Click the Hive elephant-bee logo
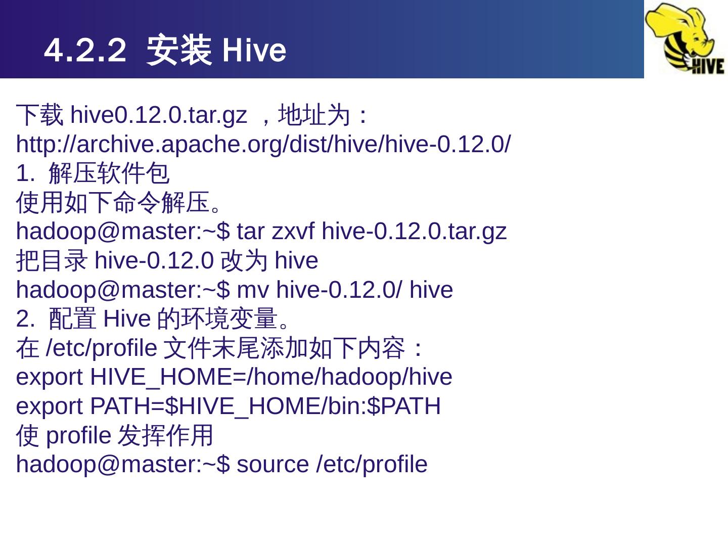click(686, 38)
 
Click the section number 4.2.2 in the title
click(85, 50)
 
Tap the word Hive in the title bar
click(254, 50)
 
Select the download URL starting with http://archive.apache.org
click(263, 145)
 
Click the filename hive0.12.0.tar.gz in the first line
click(158, 115)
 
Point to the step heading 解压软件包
click(109, 174)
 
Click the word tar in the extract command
click(250, 232)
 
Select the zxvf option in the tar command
click(293, 232)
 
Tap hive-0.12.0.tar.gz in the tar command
click(414, 232)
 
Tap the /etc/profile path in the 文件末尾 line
click(102, 348)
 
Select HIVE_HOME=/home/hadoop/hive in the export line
click(271, 378)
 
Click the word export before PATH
click(49, 407)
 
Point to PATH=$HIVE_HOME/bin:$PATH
click(265, 407)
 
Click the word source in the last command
click(272, 465)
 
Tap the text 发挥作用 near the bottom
click(165, 436)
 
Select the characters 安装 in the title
click(178, 50)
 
